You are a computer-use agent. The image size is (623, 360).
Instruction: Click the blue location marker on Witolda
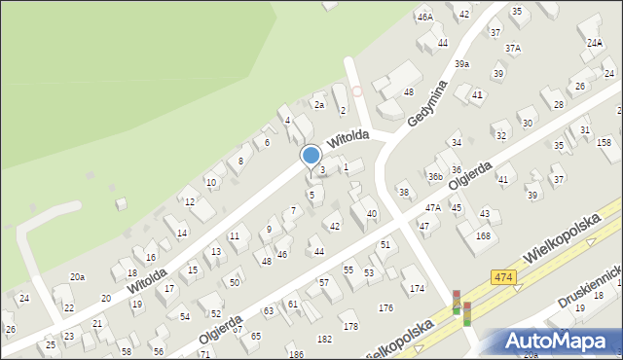tap(311, 155)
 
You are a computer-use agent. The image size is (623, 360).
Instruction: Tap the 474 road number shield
tap(502, 277)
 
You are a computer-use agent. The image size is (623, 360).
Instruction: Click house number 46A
tap(424, 17)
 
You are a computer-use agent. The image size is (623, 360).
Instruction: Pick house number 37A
tap(512, 48)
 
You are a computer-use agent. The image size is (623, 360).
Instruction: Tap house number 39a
tap(461, 63)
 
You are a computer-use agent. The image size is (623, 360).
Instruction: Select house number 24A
tap(594, 43)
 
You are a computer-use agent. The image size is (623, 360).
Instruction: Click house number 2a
tap(317, 104)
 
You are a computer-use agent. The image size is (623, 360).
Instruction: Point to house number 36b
tap(435, 176)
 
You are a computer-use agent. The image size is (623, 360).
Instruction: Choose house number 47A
tap(433, 207)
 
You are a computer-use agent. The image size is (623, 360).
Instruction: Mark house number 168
tap(483, 235)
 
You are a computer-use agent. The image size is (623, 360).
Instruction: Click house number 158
tap(604, 143)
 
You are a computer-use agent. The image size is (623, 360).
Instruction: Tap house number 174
tap(417, 288)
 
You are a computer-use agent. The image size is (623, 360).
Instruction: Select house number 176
tap(385, 307)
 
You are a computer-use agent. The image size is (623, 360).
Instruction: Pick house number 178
tap(350, 326)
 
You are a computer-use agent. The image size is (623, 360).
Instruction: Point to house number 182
tap(324, 339)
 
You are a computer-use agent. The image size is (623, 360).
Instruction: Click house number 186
tap(295, 354)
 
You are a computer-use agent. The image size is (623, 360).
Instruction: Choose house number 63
tap(269, 311)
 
